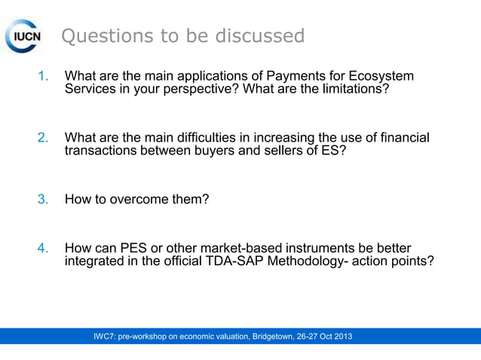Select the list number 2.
[x=44, y=138]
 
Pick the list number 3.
[x=44, y=200]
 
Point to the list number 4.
[x=44, y=248]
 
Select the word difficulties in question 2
[x=209, y=138]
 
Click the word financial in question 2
[x=403, y=138]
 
